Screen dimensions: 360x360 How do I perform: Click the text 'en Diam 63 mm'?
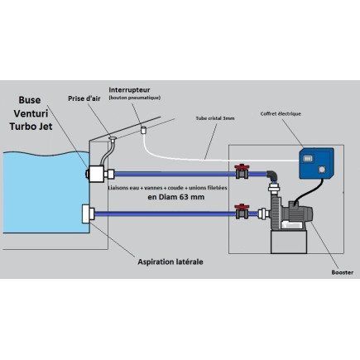click(176, 198)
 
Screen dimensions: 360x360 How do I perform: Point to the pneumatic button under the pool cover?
click(142, 129)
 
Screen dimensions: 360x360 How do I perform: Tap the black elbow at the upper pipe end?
click(271, 175)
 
